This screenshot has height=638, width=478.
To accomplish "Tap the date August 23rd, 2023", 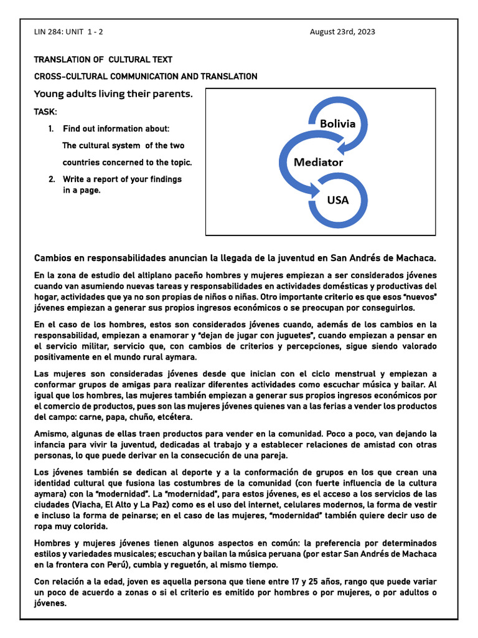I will tap(342, 32).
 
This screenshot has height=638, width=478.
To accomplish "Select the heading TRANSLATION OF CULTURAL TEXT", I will tap(103, 60).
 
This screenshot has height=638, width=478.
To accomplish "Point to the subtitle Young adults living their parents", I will tap(113, 94).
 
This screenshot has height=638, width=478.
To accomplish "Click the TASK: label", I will tap(45, 112).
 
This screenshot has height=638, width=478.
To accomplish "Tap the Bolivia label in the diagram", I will tap(337, 123).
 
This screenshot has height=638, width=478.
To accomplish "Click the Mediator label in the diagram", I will tap(318, 162).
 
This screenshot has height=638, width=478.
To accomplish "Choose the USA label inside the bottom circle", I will tap(338, 200).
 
